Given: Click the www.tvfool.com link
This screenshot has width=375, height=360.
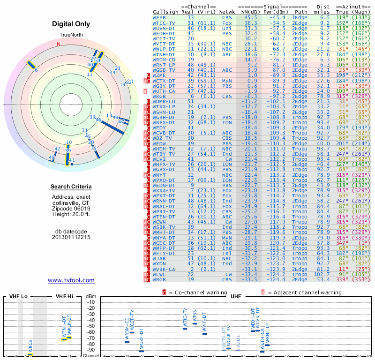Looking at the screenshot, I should pos(71,280).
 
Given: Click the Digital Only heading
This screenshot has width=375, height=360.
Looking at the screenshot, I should pos(71,24).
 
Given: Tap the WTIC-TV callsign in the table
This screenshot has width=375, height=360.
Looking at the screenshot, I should pos(164,22).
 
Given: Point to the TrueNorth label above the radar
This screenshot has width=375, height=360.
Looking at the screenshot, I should pos(71,36).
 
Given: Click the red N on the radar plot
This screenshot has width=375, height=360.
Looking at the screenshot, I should pos(59,45).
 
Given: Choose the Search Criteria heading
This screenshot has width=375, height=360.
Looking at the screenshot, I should pos(71,187).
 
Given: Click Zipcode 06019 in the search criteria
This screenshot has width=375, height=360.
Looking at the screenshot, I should pos(71,209).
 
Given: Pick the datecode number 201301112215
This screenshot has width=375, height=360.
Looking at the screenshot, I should pos(71,237).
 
